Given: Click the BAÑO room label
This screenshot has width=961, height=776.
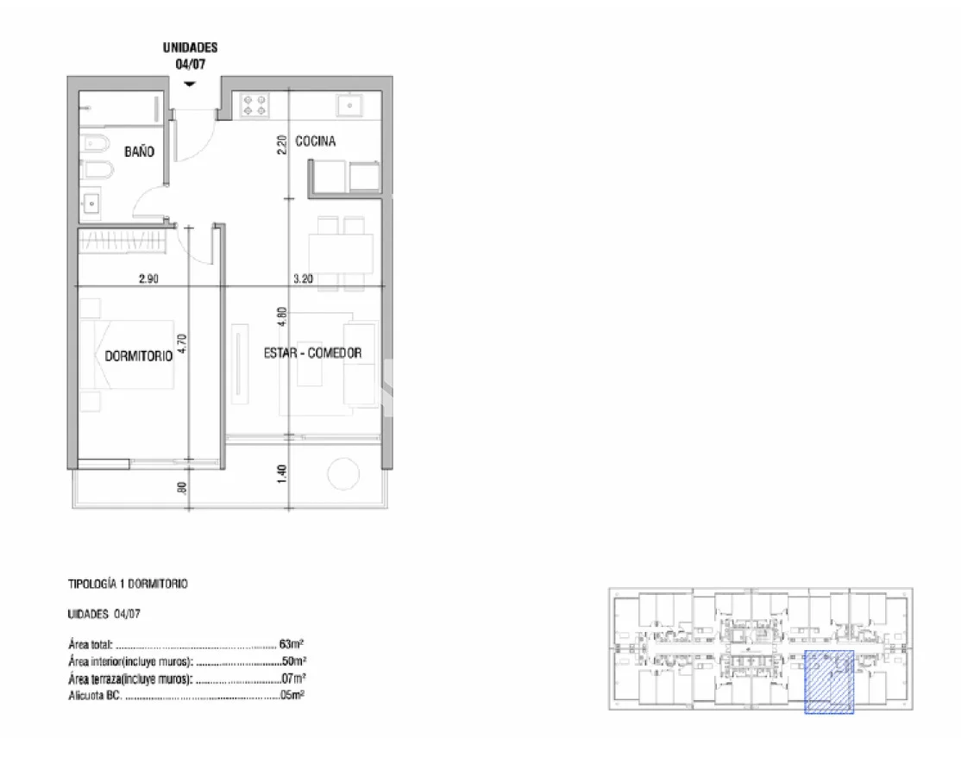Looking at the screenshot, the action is click(x=139, y=151).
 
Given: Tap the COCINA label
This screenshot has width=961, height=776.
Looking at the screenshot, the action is click(x=316, y=141).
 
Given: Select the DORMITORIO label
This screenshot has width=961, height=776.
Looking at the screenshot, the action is click(x=139, y=356).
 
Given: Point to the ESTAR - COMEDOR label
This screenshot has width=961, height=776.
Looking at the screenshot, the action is click(x=312, y=353).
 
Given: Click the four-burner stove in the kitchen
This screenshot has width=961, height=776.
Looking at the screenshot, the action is click(x=255, y=104).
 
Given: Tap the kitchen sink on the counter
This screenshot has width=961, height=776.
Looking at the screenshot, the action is click(x=349, y=105).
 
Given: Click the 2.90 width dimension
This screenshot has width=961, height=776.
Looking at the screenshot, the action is click(x=148, y=278).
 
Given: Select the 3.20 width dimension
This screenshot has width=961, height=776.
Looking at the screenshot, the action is click(x=303, y=278).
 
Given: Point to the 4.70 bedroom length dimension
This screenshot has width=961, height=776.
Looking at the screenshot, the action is click(x=182, y=344).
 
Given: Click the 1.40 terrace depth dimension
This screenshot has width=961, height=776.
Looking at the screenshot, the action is click(x=282, y=473).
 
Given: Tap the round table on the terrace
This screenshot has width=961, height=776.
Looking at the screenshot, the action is click(x=343, y=473).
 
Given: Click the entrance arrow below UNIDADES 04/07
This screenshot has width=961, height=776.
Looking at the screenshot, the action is click(x=190, y=84).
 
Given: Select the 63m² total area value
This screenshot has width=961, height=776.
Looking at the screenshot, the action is click(x=292, y=644).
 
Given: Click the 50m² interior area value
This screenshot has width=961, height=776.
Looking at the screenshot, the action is click(x=293, y=660).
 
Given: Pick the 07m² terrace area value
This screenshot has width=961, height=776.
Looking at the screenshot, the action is click(x=293, y=678).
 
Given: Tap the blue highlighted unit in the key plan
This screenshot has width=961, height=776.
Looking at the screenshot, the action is click(x=829, y=682).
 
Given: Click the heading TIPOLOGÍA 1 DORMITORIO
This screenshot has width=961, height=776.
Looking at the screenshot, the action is click(x=128, y=584).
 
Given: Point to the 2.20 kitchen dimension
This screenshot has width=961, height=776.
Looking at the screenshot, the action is click(x=282, y=145).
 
